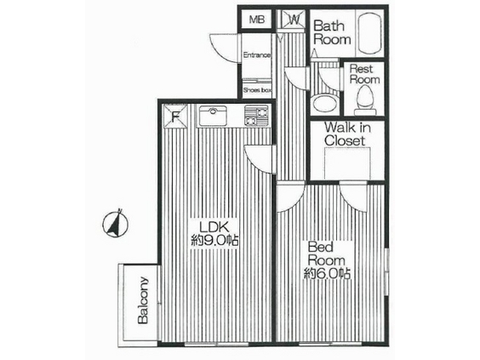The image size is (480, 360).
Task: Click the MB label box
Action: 256,20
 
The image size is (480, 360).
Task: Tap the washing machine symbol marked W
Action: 294,20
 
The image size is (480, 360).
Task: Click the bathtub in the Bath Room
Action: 369,33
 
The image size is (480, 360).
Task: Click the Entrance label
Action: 257,55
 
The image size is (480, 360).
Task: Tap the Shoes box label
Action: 258,90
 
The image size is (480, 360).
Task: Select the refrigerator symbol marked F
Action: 175,117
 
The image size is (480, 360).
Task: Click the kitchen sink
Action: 213,116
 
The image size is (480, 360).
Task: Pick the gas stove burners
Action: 256,116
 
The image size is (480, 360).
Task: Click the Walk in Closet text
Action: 348,134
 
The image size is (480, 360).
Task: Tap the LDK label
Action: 214,227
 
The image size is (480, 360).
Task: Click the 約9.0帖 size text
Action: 214,241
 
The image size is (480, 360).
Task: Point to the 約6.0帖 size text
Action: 327,273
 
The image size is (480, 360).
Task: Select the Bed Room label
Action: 326,254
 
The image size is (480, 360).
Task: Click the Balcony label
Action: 143,300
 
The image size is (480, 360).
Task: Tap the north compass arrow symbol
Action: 116,223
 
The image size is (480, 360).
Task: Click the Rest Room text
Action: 364,74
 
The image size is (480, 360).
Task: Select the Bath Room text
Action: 332,32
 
